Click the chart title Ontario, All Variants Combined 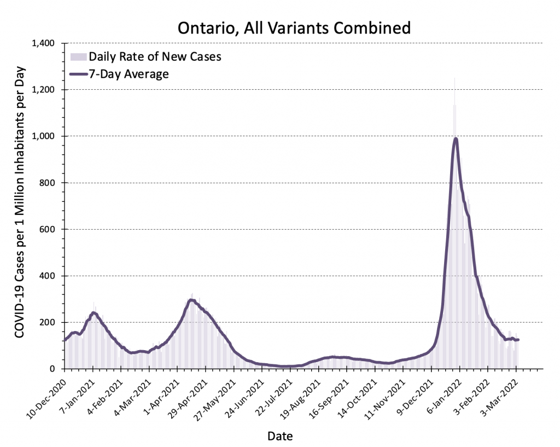(x=294, y=27)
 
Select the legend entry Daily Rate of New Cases (x=155, y=56)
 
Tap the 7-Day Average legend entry (x=129, y=73)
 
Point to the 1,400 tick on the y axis (x=48, y=43)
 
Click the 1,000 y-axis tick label (x=48, y=136)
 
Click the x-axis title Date (x=280, y=436)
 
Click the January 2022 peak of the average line (x=456, y=138)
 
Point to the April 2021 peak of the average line (x=191, y=299)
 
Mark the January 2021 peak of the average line (x=94, y=312)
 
